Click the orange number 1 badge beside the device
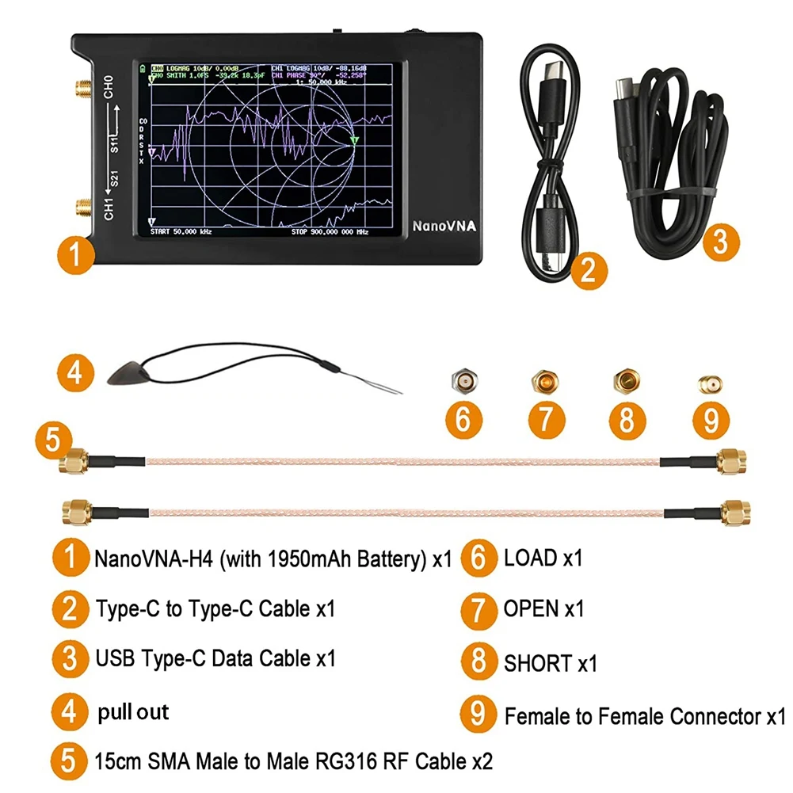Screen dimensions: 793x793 click(74, 255)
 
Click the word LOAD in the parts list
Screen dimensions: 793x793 click(530, 558)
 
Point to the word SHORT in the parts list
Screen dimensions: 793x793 click(537, 663)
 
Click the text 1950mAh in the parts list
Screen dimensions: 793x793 click(313, 559)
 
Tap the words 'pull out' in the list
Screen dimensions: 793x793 click(133, 711)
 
